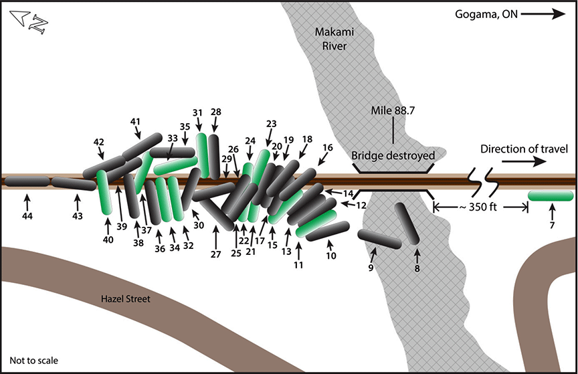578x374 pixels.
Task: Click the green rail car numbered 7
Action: point(550,196)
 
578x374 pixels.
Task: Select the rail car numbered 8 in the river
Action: point(405,223)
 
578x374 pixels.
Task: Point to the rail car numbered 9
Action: point(379,238)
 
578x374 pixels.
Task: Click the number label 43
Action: point(77,216)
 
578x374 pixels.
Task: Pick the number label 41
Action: point(136,121)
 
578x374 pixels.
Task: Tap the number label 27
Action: point(215,254)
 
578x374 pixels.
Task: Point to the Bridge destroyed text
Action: point(393,156)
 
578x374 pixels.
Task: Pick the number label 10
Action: point(331,256)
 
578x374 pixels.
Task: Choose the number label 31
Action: point(197,112)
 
